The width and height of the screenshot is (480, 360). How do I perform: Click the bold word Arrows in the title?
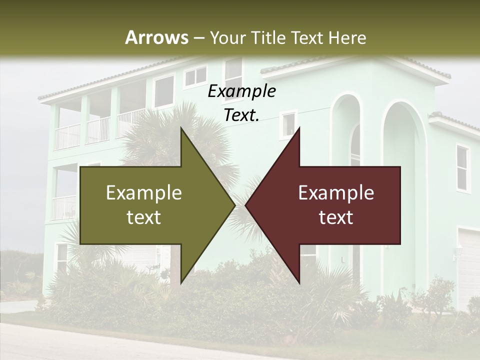tap(156, 37)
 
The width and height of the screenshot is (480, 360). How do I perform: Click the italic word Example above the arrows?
tap(242, 91)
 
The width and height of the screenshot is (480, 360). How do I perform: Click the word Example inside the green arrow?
tap(144, 192)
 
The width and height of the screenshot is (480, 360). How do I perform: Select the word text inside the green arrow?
tap(144, 217)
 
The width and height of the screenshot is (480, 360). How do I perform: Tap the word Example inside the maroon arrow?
tap(336, 192)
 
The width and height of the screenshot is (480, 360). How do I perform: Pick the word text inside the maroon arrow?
tap(336, 217)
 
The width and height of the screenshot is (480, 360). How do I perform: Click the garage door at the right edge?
tap(469, 265)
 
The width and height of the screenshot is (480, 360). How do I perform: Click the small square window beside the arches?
tap(288, 124)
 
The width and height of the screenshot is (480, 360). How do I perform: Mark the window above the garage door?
tap(462, 167)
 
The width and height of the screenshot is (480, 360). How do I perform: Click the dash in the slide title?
tap(198, 37)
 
